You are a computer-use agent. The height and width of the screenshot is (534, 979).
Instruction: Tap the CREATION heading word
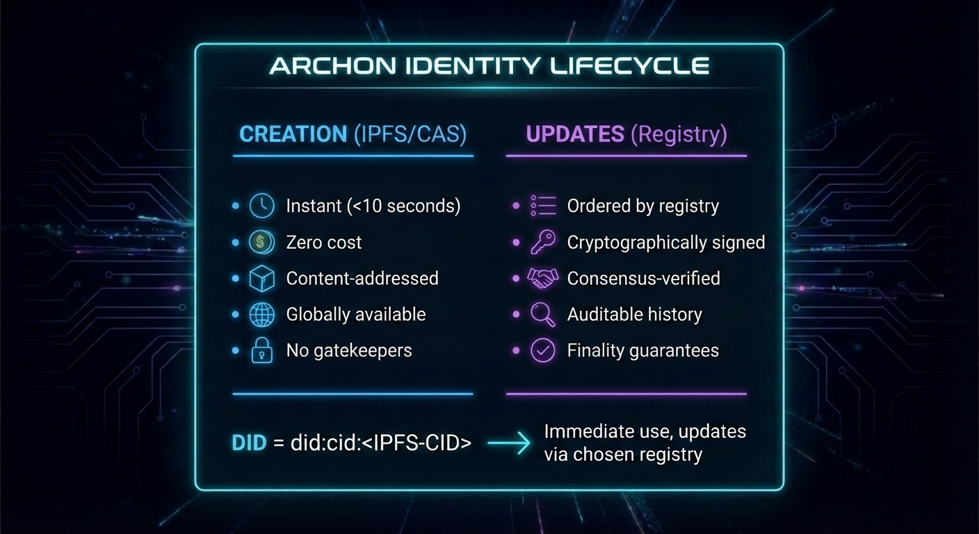tap(293, 134)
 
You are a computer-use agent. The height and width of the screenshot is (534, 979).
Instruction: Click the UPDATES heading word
tap(575, 134)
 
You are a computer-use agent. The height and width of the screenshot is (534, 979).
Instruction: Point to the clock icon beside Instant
tap(261, 206)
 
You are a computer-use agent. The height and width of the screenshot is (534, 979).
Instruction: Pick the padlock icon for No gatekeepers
tap(261, 350)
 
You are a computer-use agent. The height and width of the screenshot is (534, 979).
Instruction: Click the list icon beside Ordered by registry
tap(542, 206)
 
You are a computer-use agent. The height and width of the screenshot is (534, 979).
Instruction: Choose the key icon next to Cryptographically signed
tap(542, 242)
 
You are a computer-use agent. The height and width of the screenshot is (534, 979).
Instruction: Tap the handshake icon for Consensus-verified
tap(542, 278)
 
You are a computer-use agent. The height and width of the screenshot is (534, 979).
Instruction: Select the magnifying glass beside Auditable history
tap(542, 314)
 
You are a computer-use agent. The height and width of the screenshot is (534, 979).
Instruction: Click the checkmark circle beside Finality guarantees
tap(542, 350)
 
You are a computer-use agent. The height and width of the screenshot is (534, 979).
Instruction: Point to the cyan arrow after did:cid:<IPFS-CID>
tap(509, 442)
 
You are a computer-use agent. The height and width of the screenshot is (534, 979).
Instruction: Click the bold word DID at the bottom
tap(249, 443)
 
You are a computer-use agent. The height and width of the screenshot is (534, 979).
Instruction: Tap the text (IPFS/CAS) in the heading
tap(410, 134)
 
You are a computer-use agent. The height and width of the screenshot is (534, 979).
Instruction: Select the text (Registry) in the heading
tap(679, 134)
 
